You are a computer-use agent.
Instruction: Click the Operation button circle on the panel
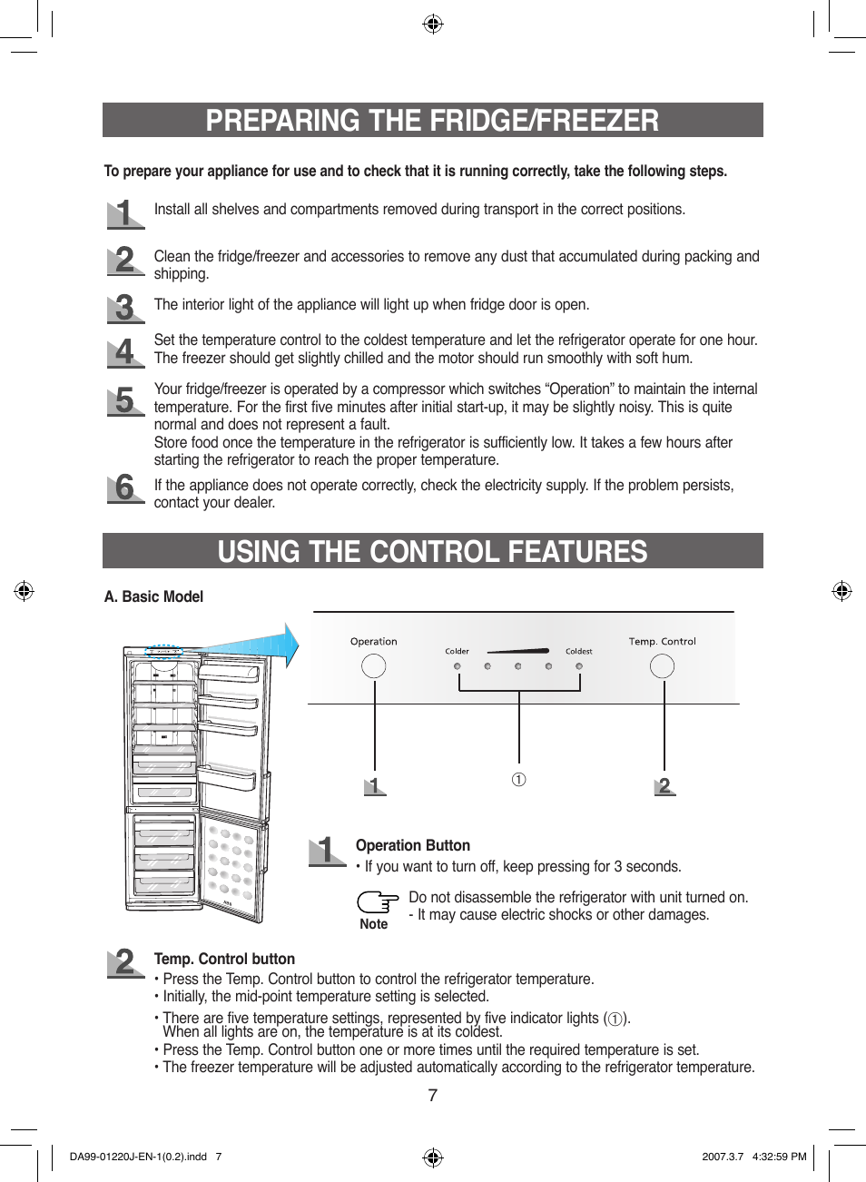374,666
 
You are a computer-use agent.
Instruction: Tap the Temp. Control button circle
663,666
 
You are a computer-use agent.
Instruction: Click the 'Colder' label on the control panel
457,651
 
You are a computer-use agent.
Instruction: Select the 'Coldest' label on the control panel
579,651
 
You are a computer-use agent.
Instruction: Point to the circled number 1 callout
518,780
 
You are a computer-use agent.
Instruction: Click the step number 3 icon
125,308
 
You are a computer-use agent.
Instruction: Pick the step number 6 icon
125,488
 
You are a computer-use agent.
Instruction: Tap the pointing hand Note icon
377,902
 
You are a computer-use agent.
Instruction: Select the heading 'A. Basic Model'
153,596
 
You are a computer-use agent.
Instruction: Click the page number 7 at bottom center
433,1096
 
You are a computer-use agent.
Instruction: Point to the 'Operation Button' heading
412,845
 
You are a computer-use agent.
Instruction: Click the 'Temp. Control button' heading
224,959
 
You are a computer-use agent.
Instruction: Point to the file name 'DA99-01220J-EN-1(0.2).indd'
138,1157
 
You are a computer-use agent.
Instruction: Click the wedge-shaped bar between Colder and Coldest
518,651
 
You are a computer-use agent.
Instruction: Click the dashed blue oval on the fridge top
164,651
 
